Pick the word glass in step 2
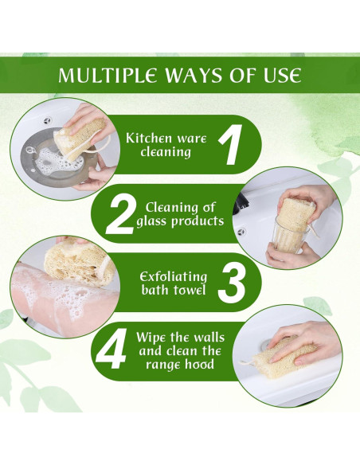click(154, 221)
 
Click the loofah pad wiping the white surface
click(292, 350)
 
